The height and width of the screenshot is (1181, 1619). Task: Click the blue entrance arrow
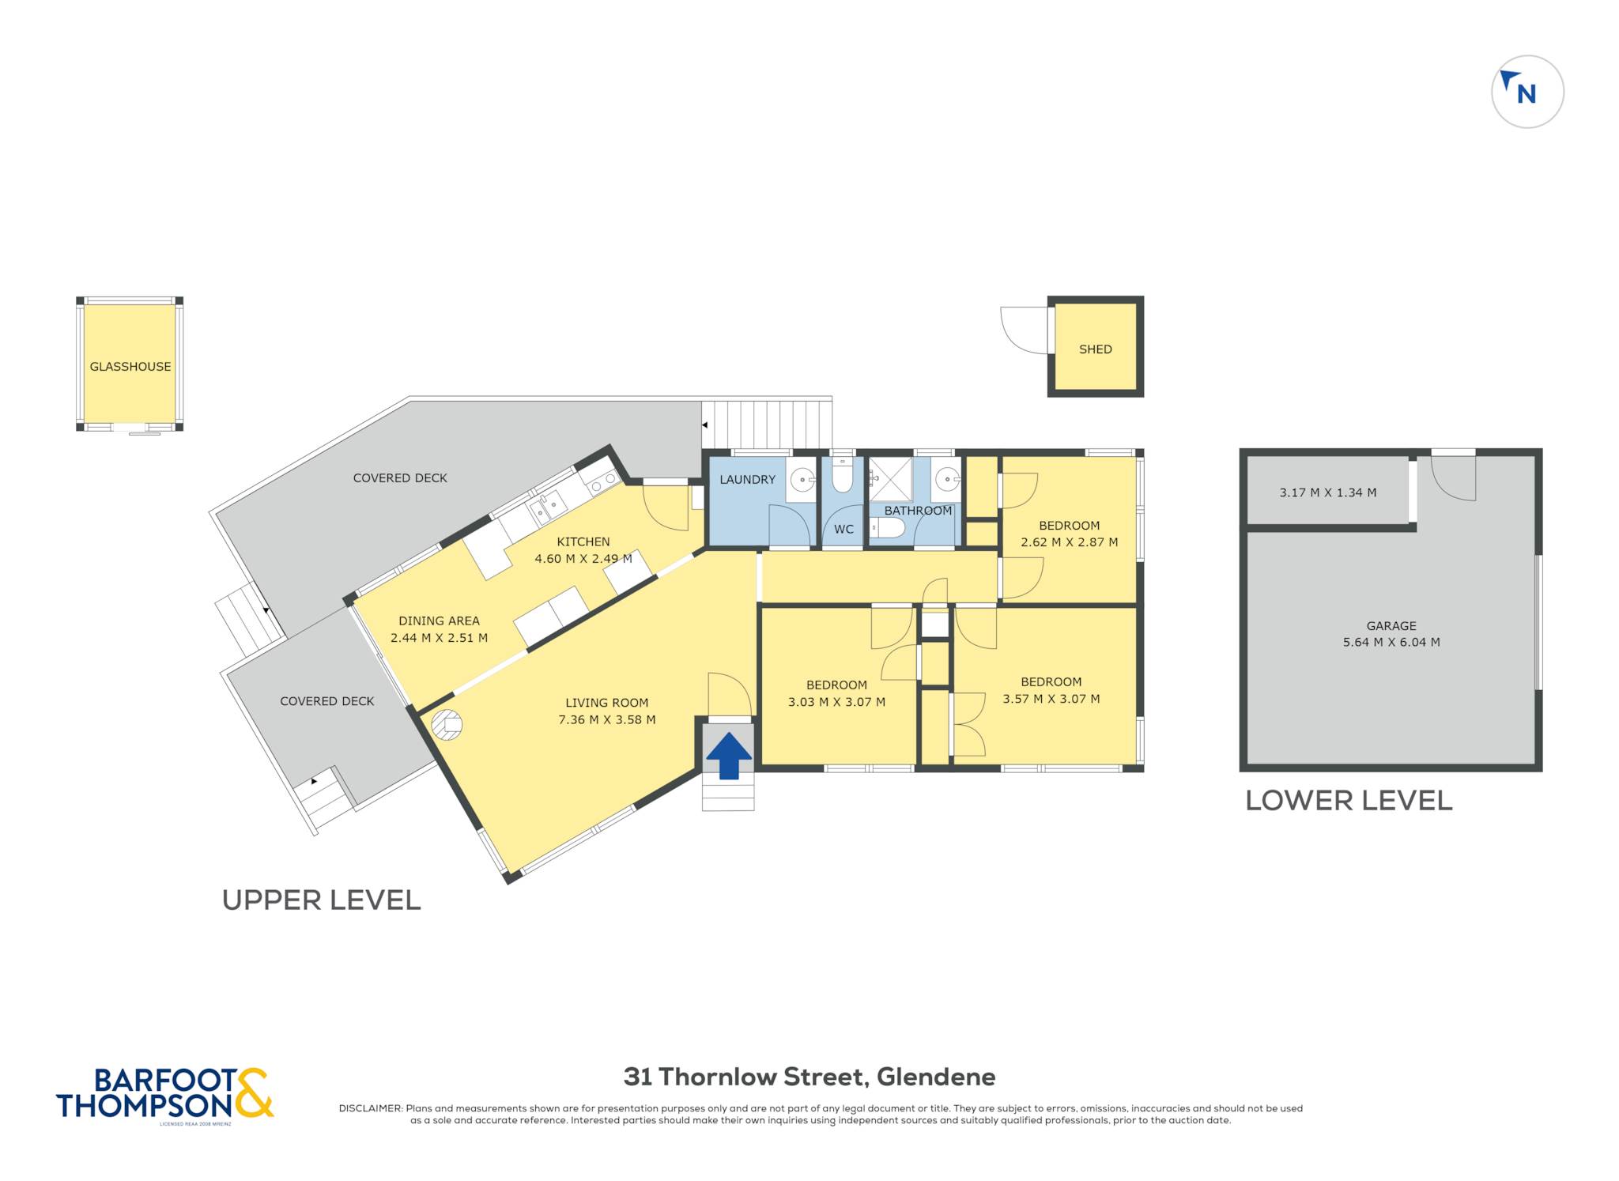(728, 756)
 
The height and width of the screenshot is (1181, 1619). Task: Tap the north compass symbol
(1527, 92)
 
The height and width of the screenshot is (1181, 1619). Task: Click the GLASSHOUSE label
(130, 367)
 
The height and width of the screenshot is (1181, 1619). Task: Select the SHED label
(1096, 349)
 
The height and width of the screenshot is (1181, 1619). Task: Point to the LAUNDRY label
(747, 480)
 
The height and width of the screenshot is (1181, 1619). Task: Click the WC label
(843, 530)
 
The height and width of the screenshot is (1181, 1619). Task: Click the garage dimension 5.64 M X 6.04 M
(1391, 643)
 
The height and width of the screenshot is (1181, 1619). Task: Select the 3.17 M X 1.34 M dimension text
(1328, 493)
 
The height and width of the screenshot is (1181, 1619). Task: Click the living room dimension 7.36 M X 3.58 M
(607, 720)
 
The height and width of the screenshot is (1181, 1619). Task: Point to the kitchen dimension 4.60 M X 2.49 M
(583, 559)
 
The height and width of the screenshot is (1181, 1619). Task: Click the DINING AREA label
(439, 621)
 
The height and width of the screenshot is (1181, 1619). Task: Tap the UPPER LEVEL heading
(321, 900)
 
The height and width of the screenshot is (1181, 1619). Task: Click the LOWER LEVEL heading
(1349, 801)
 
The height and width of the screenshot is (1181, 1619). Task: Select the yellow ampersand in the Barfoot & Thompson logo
(253, 1092)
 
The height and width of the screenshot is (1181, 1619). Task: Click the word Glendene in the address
(936, 1077)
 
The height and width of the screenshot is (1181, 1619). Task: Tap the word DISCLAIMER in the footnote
(371, 1108)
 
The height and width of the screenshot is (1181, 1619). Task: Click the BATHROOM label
(918, 511)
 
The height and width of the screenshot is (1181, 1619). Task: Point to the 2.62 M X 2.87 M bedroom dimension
(1069, 542)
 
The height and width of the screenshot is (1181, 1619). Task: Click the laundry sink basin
(802, 479)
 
